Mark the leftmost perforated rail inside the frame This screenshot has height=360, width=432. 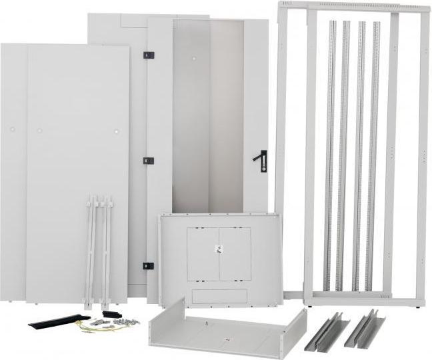pyautogui.click(x=331, y=153)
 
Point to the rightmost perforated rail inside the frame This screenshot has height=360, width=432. pyautogui.click(x=373, y=153)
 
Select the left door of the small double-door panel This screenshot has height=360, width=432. pyautogui.click(x=203, y=254)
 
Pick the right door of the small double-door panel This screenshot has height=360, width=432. pyautogui.click(x=235, y=254)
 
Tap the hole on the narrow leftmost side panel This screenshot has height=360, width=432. pyautogui.click(x=11, y=129)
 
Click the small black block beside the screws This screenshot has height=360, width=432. pyautogui.click(x=111, y=313)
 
